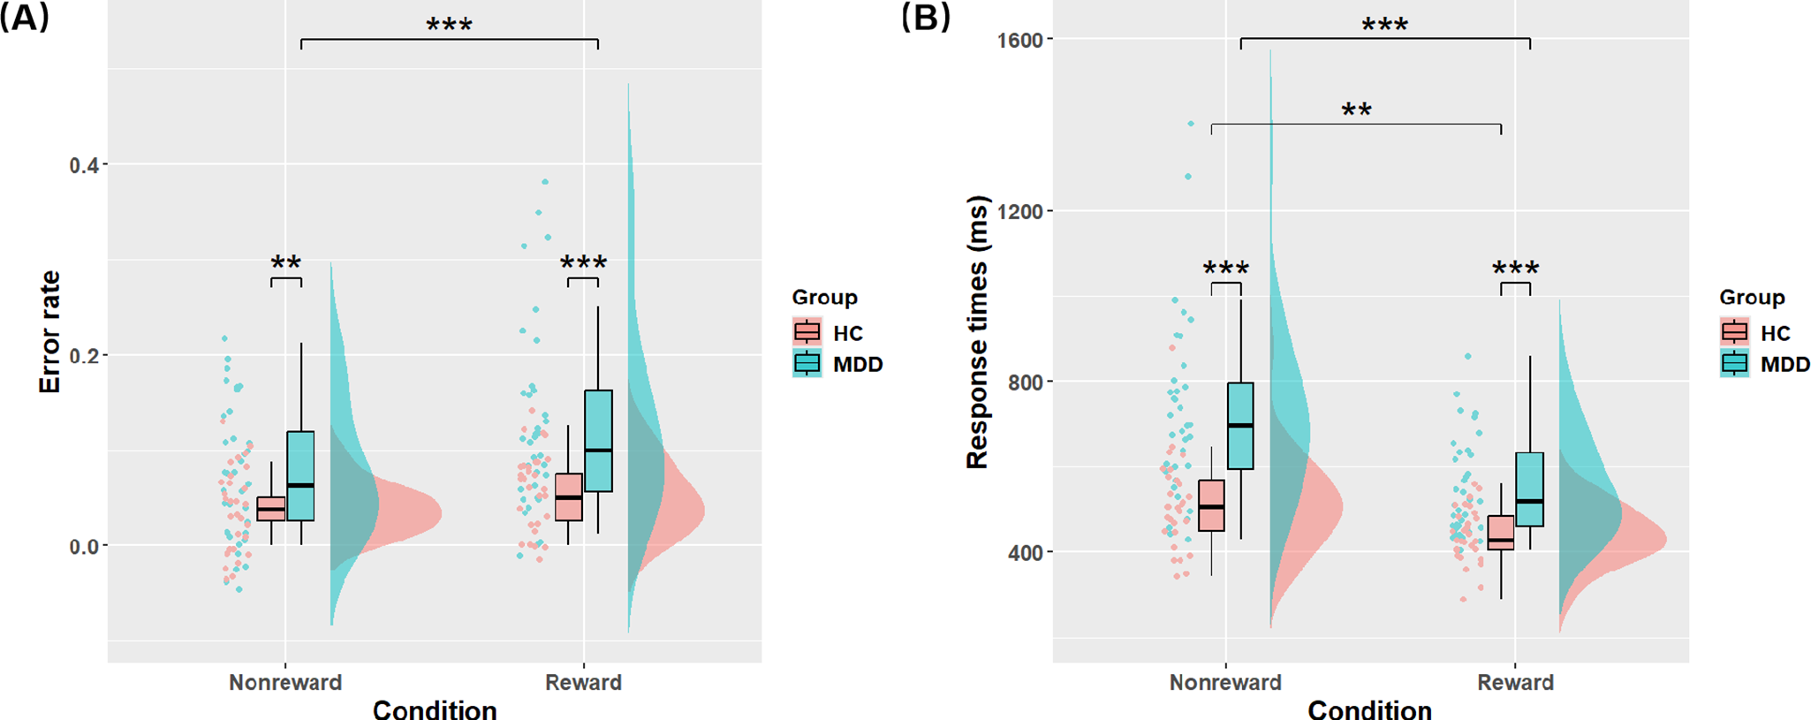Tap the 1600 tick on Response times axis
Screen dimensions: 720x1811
tap(1020, 40)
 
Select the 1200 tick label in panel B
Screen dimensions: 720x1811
tap(1020, 211)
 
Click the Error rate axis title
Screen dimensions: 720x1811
tap(49, 332)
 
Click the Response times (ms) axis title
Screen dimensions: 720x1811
tap(977, 332)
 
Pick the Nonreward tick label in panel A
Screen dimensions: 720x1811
tap(284, 682)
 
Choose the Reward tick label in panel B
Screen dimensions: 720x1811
tap(1515, 682)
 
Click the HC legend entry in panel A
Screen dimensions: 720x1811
tap(846, 333)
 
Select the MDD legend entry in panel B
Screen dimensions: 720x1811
tap(1784, 364)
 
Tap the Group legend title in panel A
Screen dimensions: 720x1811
tap(824, 297)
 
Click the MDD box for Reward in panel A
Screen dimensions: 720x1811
tap(598, 440)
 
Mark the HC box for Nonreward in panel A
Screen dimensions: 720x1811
tap(271, 509)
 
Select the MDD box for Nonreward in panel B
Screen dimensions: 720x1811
tap(1240, 426)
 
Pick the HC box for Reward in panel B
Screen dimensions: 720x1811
tap(1500, 533)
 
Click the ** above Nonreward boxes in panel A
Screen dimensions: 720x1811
tap(285, 262)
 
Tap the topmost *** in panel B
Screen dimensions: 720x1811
tap(1384, 25)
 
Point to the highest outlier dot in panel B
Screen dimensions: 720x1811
tap(1190, 124)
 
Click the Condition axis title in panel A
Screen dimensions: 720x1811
tap(434, 709)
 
